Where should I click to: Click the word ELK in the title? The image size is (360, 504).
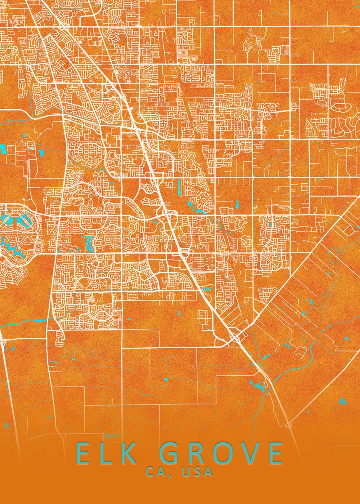102,453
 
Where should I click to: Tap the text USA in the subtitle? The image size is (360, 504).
197,472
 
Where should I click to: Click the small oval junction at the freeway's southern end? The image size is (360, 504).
289,425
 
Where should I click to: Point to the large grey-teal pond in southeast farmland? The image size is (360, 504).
342,401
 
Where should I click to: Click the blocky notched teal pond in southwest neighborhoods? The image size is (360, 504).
89,242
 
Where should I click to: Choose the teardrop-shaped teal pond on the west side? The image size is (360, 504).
41,152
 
